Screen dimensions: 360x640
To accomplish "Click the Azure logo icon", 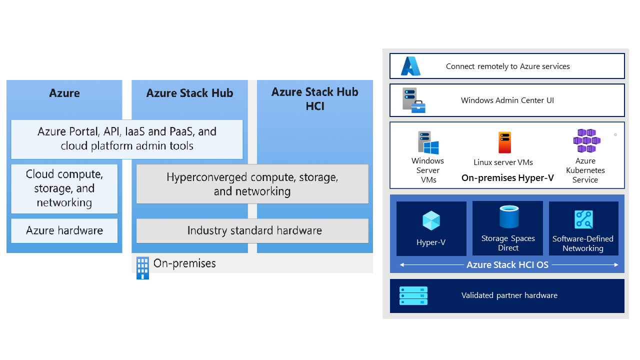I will point(410,66).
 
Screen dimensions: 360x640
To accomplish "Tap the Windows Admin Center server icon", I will point(414,100).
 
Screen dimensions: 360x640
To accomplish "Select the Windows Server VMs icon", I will point(428,143).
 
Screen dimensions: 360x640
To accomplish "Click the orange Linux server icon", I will point(504,143).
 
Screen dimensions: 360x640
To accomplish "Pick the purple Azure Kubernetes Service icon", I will point(586,141).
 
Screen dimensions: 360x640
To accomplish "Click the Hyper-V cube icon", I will point(431,220).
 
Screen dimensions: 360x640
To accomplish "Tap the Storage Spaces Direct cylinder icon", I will point(508,217).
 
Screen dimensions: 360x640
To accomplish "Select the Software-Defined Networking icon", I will point(583,220).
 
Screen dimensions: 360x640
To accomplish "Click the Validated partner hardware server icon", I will point(413,295).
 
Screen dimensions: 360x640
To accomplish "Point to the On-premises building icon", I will point(142,267).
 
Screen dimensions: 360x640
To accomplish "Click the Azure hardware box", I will point(64,230).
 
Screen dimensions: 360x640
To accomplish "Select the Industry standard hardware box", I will point(252,230).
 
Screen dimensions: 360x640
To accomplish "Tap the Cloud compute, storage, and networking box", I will point(64,188).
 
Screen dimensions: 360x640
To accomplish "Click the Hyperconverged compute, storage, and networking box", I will point(252,184).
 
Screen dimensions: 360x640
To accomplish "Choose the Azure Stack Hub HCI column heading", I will point(315,99).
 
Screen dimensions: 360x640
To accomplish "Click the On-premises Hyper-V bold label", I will point(507,177).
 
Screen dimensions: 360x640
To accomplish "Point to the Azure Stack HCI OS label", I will point(507,265).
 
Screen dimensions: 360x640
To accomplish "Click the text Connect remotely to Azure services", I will point(507,66).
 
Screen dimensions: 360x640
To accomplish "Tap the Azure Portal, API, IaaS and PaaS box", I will point(127,138).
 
